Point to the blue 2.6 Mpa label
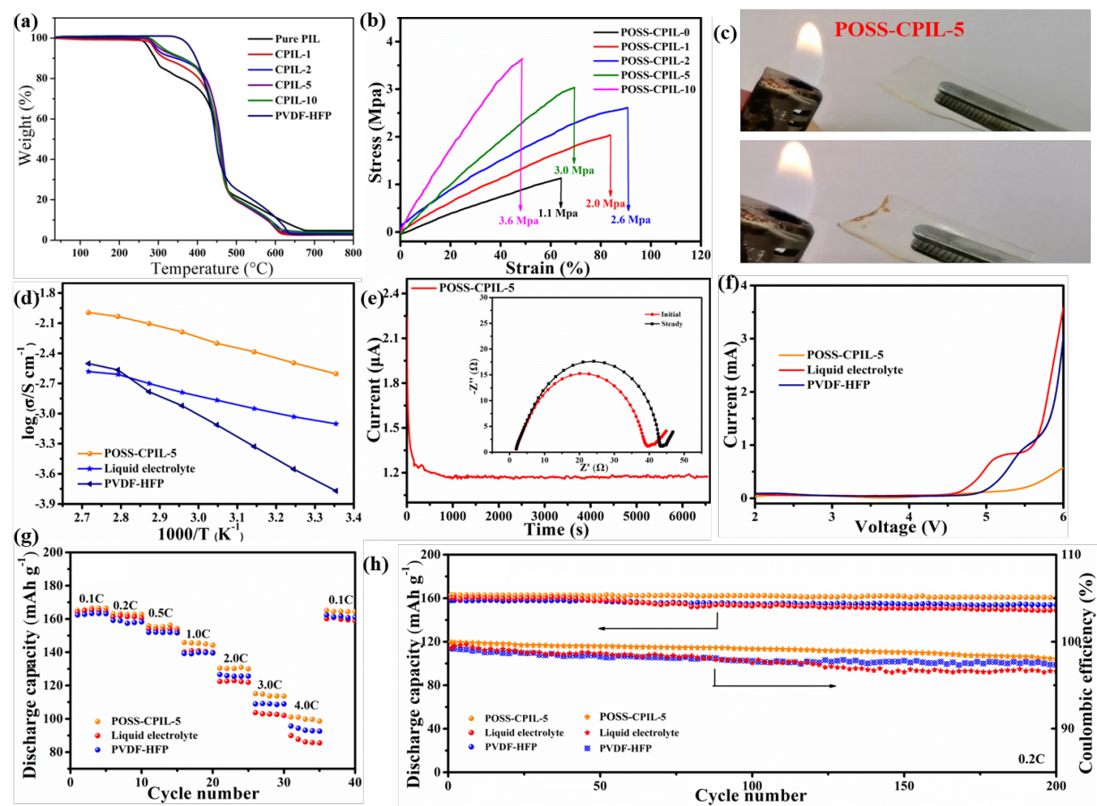(x=629, y=219)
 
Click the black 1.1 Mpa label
(x=558, y=214)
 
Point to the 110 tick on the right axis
(x=1069, y=555)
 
